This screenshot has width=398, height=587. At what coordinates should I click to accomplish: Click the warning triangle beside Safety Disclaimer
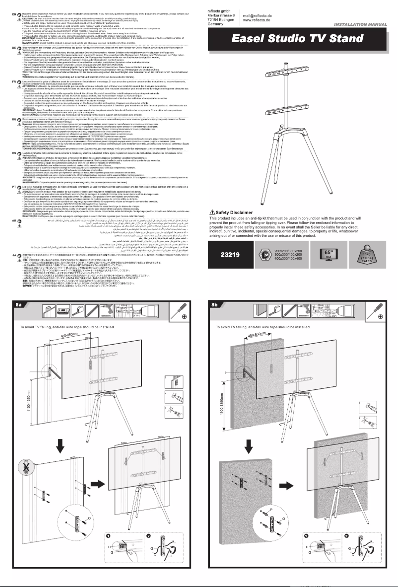pyautogui.click(x=213, y=226)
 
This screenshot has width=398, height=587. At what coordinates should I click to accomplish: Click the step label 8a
pyautogui.click(x=20, y=304)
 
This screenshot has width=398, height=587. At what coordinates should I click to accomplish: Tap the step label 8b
pyautogui.click(x=215, y=304)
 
